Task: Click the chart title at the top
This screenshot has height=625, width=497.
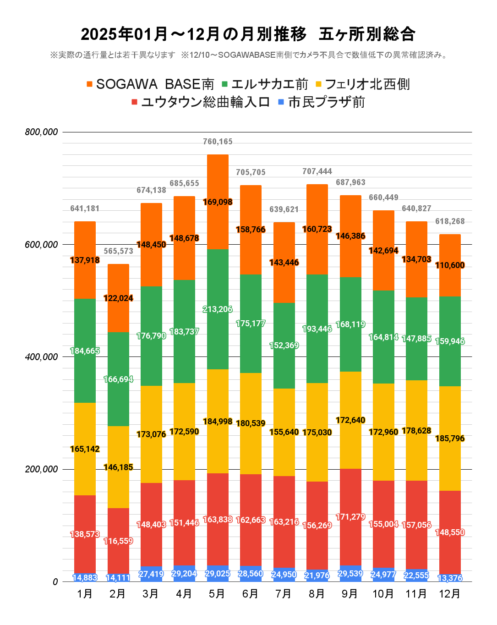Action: point(248,34)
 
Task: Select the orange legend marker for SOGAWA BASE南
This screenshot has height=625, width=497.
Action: point(90,84)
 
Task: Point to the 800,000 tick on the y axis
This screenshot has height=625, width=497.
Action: point(42,132)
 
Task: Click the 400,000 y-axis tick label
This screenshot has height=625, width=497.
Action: point(42,357)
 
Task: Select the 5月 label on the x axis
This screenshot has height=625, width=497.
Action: point(217,594)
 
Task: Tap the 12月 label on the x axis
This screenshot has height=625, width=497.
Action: point(449,594)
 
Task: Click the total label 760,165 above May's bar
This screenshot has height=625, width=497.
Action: point(218,142)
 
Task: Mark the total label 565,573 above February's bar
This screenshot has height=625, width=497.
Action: point(118,252)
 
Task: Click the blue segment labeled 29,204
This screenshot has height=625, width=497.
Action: point(184,574)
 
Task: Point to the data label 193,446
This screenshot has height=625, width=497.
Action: point(317,329)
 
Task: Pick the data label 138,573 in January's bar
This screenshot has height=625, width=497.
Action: point(85,534)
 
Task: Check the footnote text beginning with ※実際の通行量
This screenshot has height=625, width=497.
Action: point(112,55)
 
